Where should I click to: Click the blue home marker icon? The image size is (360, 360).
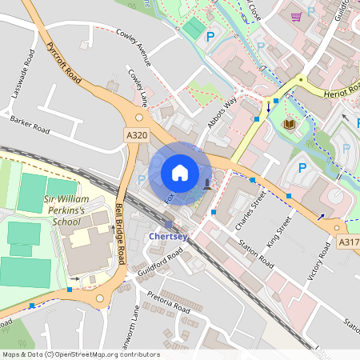click(180, 173)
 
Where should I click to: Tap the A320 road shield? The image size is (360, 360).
click(136, 136)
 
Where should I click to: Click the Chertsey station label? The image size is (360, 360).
click(168, 236)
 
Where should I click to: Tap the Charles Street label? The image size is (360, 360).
click(249, 210)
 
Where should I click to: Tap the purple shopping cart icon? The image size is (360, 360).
click(297, 16)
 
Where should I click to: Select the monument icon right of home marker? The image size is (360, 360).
click(208, 185)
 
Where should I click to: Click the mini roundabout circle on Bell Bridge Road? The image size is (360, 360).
click(100, 298)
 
